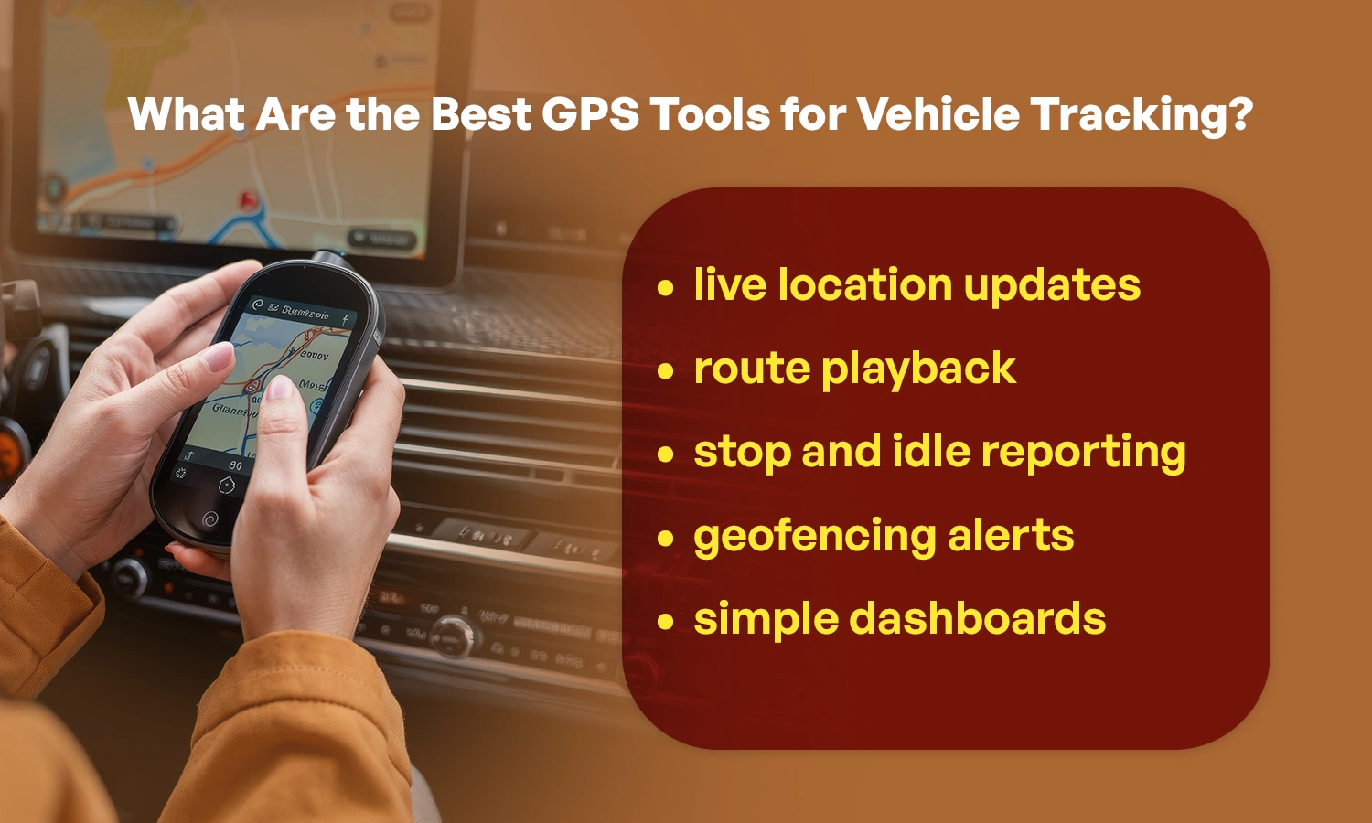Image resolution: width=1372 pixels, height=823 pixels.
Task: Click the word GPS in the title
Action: (x=589, y=115)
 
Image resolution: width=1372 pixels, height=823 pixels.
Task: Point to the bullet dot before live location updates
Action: (x=665, y=288)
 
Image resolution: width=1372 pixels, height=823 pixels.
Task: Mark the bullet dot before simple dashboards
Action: (x=665, y=622)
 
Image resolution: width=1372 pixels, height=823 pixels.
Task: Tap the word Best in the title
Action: (x=481, y=115)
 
